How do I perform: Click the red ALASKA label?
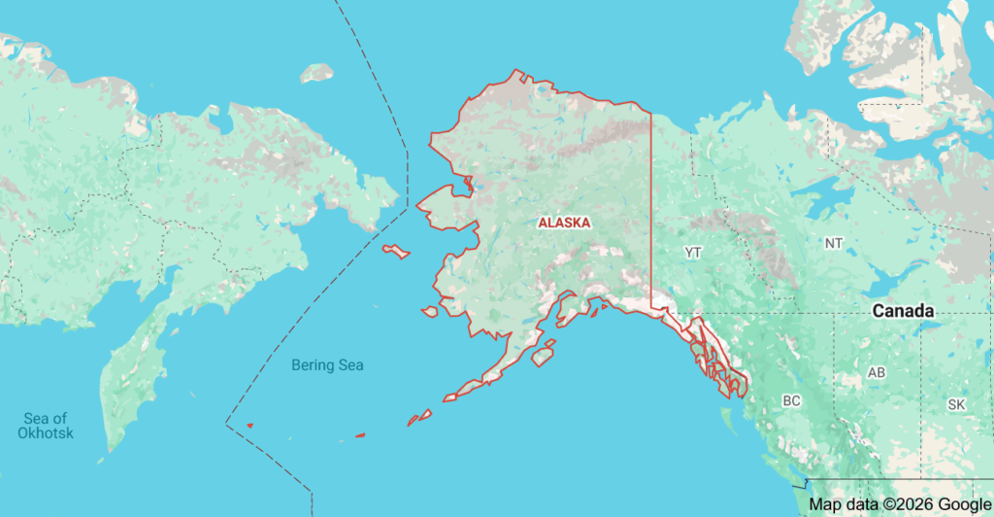564,223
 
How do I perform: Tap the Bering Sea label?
328,365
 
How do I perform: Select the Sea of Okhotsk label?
46,425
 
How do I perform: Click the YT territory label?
692,253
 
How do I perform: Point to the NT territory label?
833,243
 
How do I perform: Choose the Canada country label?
903,312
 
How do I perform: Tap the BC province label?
791,400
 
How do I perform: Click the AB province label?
877,373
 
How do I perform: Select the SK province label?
956,404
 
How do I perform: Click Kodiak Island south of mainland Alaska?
543,354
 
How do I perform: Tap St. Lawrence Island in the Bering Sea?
395,252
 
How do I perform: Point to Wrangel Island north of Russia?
316,73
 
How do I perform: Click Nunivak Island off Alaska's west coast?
429,312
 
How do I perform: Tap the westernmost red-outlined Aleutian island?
249,425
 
